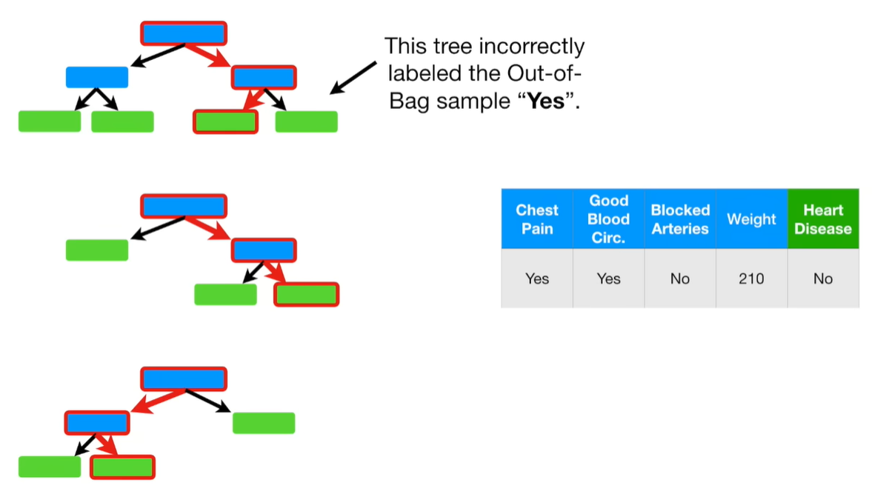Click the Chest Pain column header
(x=537, y=219)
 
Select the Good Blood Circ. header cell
(x=608, y=219)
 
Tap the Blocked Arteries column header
(x=680, y=219)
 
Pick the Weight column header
(x=751, y=219)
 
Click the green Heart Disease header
(x=822, y=219)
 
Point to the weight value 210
(x=751, y=278)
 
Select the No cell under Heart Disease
(x=822, y=278)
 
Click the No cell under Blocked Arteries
(x=680, y=278)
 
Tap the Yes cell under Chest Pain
(x=537, y=278)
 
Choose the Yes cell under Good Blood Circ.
(x=608, y=278)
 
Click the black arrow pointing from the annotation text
(x=352, y=78)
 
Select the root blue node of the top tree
(x=183, y=33)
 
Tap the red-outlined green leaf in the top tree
(x=226, y=121)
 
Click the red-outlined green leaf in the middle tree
(x=306, y=294)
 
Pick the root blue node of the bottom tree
(x=183, y=379)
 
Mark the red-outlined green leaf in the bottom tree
(x=123, y=467)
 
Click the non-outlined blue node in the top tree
(x=97, y=77)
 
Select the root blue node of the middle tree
(x=183, y=206)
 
